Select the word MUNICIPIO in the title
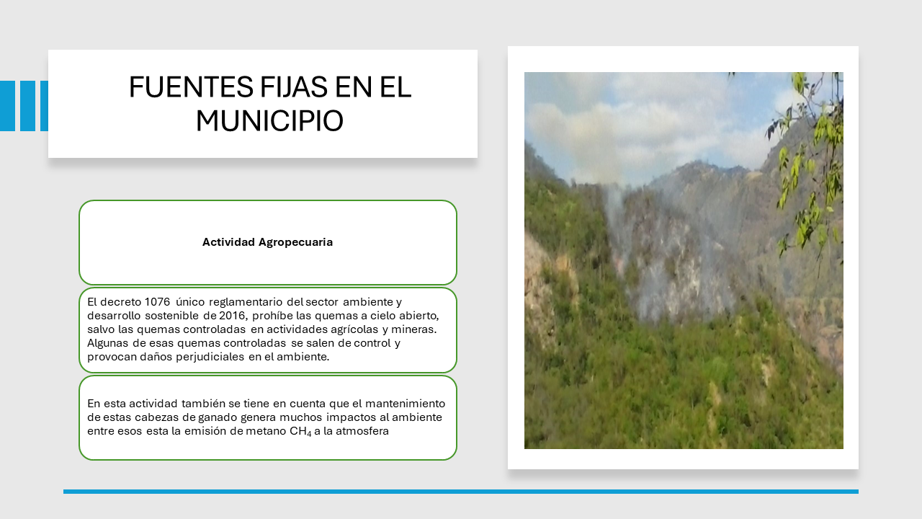pos(269,121)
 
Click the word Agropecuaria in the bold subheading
pos(295,242)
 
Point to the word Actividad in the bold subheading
pos(228,241)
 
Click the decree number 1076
pos(157,302)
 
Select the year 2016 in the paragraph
pos(233,316)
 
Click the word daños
pos(156,357)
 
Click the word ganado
pos(218,417)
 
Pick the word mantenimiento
pos(405,404)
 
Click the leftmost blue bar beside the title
pos(7,106)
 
